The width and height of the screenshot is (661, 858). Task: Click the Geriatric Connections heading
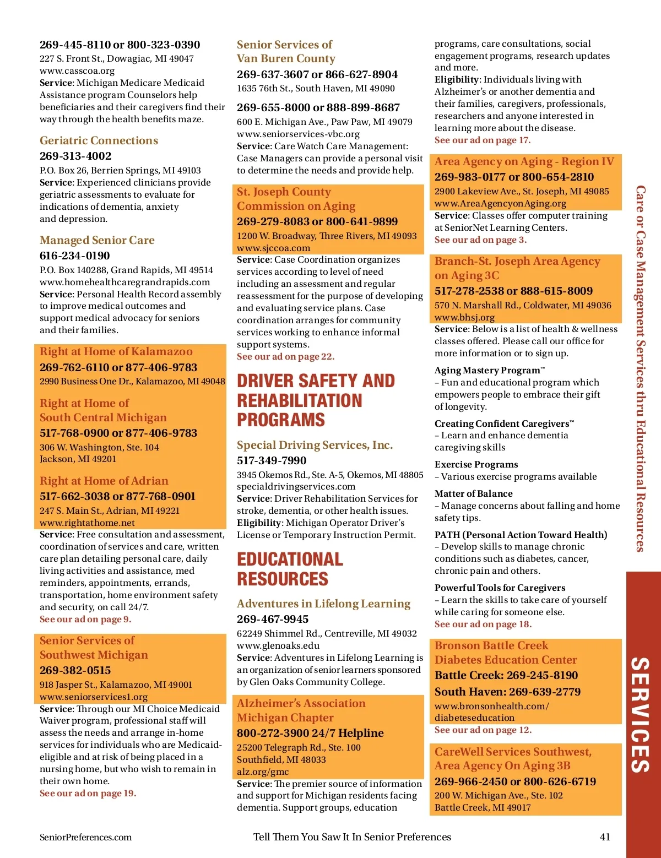99,140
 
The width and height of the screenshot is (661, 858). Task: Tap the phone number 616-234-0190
74,256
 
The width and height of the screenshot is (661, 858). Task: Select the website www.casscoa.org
77,70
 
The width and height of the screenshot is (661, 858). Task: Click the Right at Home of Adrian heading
104,481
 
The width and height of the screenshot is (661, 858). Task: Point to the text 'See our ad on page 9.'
85,619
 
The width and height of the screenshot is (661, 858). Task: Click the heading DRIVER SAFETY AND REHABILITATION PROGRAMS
316,400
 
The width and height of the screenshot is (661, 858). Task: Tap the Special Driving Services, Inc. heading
315,445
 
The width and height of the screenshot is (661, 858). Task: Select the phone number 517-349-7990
272,460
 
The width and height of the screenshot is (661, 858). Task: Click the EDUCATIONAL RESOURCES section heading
290,569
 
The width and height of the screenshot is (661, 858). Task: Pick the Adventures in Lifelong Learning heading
323,604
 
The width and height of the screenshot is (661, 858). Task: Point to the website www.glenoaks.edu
278,645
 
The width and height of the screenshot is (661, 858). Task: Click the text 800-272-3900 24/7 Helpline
310,733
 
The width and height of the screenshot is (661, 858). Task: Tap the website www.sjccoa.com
273,248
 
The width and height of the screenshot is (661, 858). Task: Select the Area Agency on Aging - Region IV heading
524,161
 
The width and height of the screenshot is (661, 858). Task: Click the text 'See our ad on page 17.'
482,140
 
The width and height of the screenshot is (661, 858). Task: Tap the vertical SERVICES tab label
640,714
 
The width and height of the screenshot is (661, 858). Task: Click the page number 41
605,837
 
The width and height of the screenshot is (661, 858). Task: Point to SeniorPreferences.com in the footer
85,837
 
